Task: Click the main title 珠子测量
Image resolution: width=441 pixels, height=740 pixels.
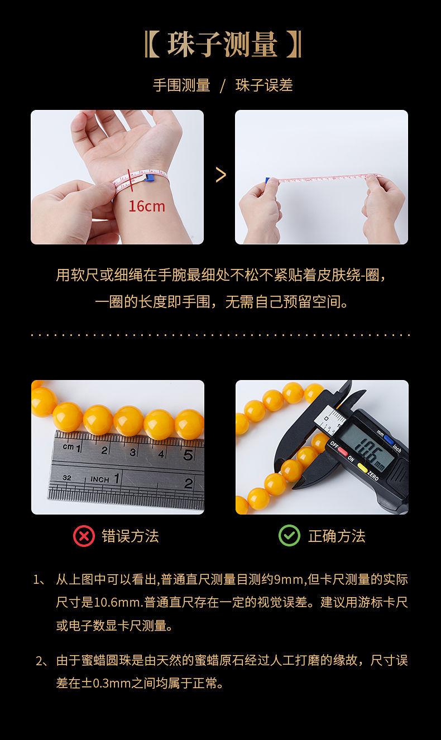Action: pos(222,45)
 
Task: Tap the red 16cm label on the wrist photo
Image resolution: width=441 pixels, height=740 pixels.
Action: pos(147,206)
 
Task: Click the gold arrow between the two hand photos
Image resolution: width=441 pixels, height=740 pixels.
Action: pos(220,175)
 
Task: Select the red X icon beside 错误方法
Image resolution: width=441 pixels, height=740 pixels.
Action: pos(84,536)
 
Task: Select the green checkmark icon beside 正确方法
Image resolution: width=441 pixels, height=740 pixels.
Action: pos(289,535)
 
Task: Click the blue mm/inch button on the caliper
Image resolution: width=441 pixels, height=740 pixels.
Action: pos(389,440)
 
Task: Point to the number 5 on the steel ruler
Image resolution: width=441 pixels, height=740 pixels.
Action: pos(188,455)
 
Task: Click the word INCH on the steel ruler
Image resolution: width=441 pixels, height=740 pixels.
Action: pos(100,479)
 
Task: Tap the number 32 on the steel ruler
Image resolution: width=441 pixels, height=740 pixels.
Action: pos(67,478)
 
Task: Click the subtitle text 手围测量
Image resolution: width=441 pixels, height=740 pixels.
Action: pos(181,85)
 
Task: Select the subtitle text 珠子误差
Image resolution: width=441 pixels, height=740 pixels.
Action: pos(264,85)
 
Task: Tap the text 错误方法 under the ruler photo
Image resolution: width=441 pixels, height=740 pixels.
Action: pos(130,536)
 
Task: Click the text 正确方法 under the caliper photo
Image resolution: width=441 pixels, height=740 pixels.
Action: pos(337,536)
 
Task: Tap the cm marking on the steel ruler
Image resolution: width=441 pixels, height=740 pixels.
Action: pos(68,446)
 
